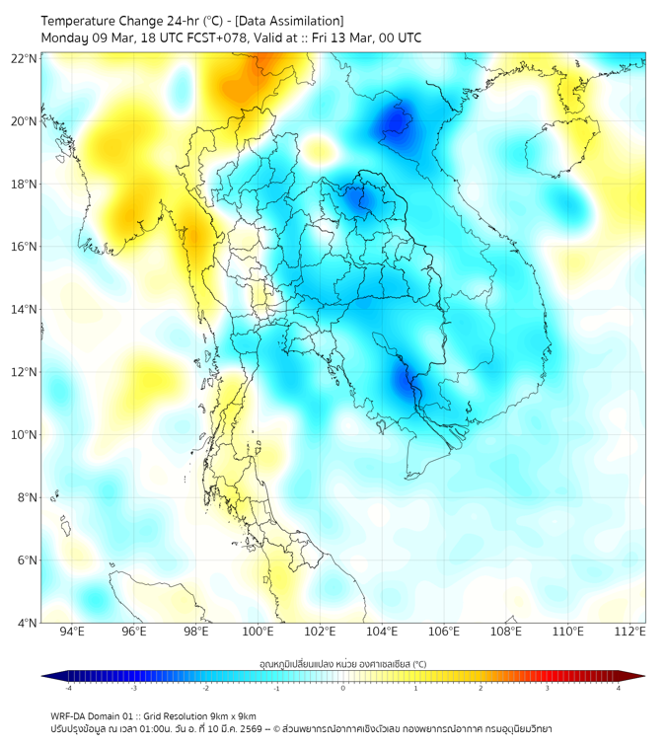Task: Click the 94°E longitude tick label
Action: (72, 632)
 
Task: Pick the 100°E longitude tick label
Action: (258, 632)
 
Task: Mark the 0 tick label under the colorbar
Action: (343, 688)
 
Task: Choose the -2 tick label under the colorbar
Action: (205, 688)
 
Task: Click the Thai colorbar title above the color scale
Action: (343, 664)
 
